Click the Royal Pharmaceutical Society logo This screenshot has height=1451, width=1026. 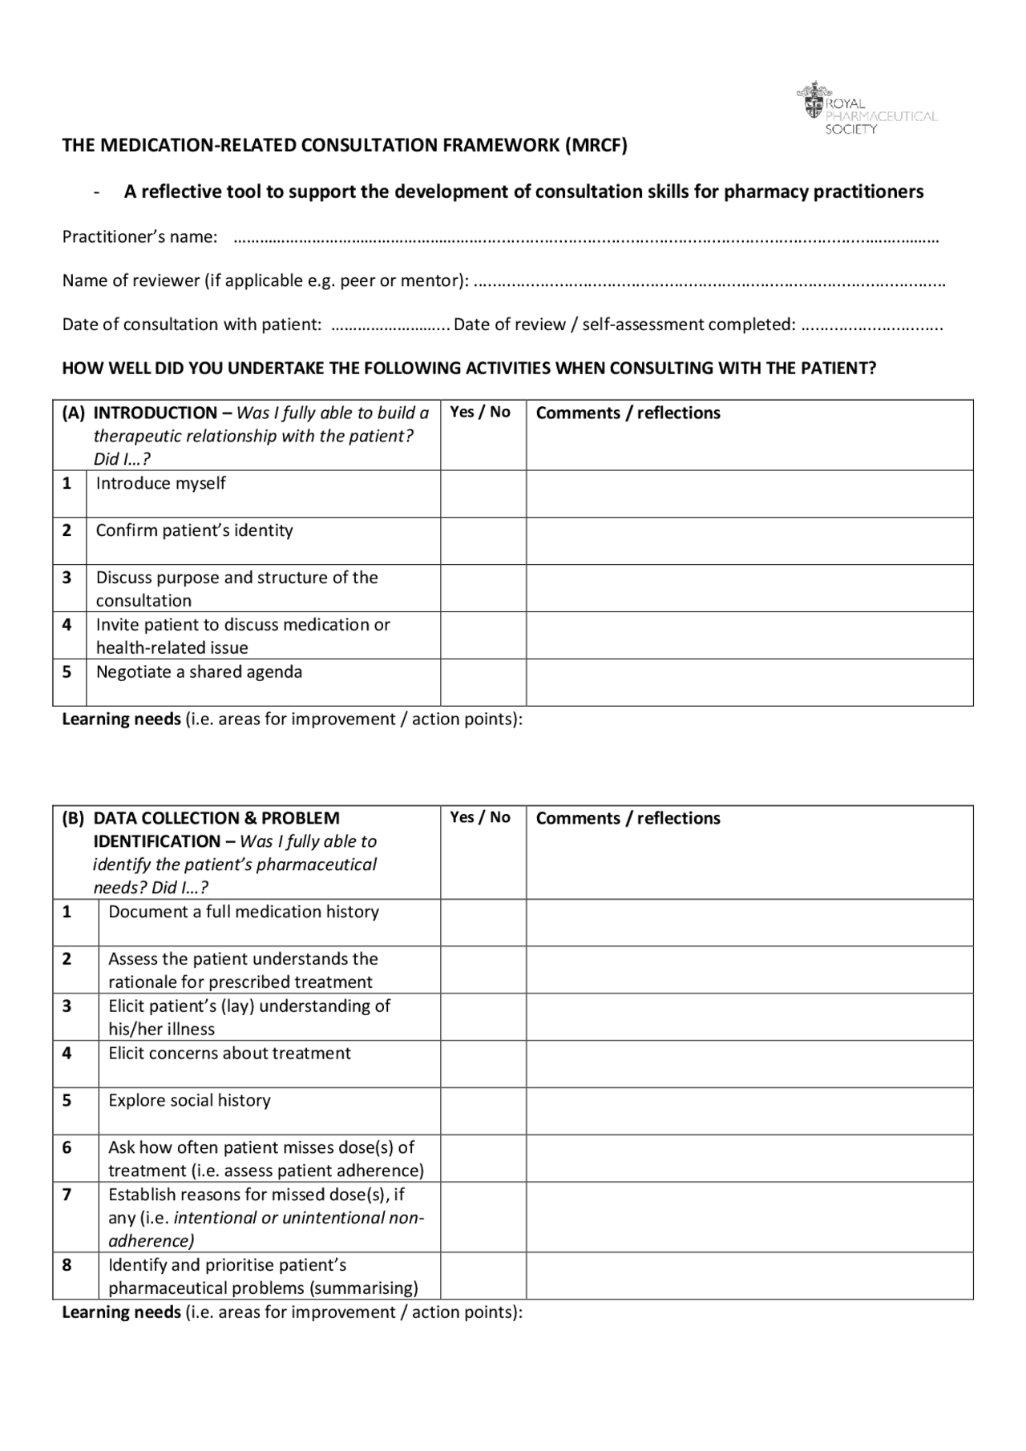(x=866, y=109)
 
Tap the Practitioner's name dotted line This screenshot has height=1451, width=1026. (x=585, y=238)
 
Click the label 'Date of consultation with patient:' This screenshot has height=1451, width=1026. (x=192, y=324)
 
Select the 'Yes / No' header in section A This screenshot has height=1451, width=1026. (x=479, y=412)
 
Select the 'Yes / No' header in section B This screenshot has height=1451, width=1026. (x=479, y=817)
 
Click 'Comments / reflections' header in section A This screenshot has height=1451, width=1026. (x=628, y=413)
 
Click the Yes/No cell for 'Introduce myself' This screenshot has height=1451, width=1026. (x=483, y=494)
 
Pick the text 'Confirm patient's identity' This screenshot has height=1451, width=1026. (x=194, y=530)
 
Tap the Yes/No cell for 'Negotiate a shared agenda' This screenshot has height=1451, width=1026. (x=483, y=682)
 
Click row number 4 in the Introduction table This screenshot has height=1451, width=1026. (x=67, y=624)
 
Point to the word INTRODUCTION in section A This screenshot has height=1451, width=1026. (x=155, y=413)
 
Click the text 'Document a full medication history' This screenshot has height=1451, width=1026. (x=244, y=912)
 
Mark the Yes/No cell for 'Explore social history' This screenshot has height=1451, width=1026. (x=483, y=1110)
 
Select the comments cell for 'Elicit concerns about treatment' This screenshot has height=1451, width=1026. (x=749, y=1063)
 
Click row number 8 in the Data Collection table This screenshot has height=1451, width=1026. (x=67, y=1264)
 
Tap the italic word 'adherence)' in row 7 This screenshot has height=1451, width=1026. (x=151, y=1240)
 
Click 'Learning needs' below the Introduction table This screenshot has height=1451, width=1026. (x=121, y=719)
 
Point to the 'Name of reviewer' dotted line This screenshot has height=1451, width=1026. (x=709, y=282)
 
